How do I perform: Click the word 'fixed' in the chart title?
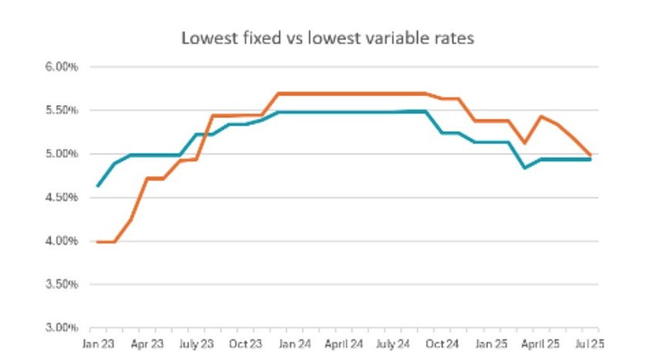[262, 38]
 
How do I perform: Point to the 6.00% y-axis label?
[61, 67]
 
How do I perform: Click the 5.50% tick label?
[61, 110]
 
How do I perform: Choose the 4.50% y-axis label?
[61, 198]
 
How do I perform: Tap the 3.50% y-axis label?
[61, 284]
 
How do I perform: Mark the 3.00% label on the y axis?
[61, 328]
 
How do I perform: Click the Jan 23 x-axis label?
[98, 344]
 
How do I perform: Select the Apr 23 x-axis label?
[147, 344]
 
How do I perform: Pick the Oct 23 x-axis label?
[245, 344]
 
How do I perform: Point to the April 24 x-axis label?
[344, 344]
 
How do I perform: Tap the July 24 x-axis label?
[392, 344]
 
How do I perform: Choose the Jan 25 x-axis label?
[491, 344]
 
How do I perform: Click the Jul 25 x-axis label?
[590, 344]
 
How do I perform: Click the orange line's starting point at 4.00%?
[98, 242]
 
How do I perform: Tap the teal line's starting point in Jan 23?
[98, 185]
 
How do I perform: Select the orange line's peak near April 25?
[541, 116]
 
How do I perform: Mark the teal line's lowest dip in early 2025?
[524, 168]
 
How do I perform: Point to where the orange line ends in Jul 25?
[590, 155]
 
